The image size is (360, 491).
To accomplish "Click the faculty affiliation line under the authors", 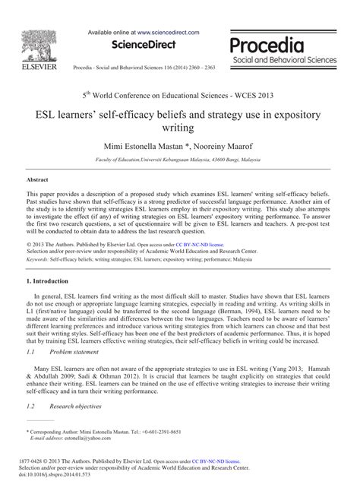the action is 180,161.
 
